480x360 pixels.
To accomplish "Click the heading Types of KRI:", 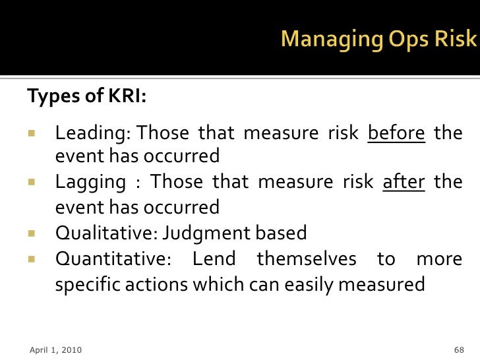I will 86,96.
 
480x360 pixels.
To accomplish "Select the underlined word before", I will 396,133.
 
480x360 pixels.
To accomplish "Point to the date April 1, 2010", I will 56,349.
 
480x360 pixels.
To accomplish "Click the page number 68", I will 459,349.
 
